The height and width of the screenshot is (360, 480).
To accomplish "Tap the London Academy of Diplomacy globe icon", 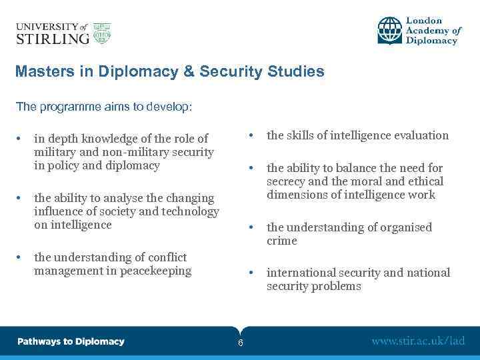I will pos(390,31).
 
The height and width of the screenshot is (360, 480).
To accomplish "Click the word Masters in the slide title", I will pos(41,71).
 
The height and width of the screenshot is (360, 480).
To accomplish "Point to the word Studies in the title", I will pos(299,71).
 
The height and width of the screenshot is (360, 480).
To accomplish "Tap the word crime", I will pos(282,241).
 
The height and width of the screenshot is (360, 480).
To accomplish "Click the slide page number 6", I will pos(240,343).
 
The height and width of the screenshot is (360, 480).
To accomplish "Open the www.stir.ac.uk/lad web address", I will pos(418,341).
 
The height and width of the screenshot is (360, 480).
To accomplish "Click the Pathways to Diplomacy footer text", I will pos(71,341).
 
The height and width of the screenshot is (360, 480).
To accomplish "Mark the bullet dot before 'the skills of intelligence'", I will pos(251,135).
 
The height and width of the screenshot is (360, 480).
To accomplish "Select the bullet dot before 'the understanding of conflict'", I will pos(21,257).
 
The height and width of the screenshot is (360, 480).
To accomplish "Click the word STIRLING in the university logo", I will pos(52,38).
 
